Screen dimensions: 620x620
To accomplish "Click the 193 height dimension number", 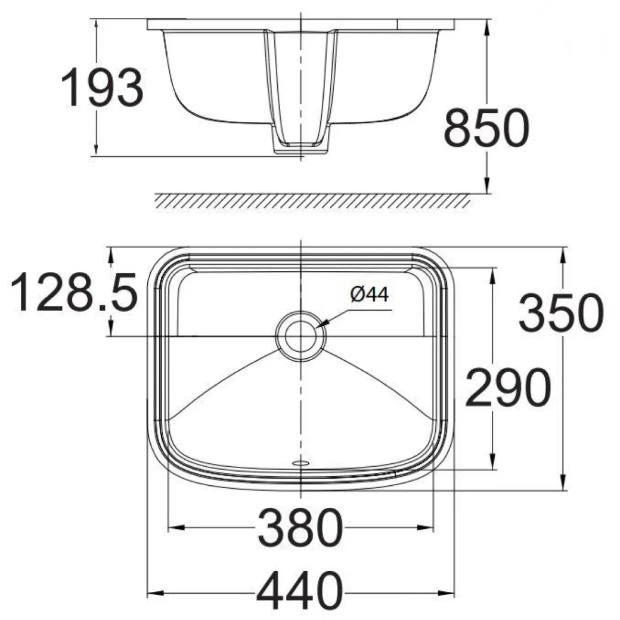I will [102, 88].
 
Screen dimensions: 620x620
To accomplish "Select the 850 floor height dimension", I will [486, 129].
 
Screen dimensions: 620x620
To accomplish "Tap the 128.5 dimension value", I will [74, 292].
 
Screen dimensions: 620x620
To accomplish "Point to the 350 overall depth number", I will [561, 313].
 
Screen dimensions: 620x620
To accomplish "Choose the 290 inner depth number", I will [507, 387].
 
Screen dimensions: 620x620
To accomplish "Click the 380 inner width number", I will [300, 528].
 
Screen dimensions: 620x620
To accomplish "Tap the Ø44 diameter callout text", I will [370, 294].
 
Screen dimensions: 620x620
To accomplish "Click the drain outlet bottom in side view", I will [300, 150].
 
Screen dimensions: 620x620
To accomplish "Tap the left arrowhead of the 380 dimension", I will [174, 528].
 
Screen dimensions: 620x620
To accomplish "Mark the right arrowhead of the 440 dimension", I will [449, 593].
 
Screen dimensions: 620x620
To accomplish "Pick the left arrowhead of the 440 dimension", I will [153, 593].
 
